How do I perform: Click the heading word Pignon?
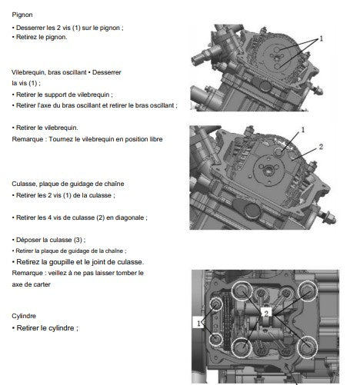click(x=22, y=15)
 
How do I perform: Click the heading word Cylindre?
click(x=24, y=316)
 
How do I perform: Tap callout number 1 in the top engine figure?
click(x=321, y=38)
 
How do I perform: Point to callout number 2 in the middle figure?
click(x=321, y=147)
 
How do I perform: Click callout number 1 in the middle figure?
click(x=303, y=130)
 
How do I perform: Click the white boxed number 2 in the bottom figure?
click(x=266, y=314)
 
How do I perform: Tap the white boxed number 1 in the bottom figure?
click(x=198, y=324)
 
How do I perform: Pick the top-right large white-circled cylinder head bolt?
click(x=308, y=290)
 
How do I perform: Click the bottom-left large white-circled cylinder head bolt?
click(x=242, y=347)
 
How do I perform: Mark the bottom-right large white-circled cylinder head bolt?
click(x=307, y=347)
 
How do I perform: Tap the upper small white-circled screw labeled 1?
click(x=215, y=304)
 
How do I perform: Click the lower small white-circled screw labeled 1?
click(x=215, y=339)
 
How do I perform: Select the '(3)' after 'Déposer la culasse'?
click(x=78, y=240)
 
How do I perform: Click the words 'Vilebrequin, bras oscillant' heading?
click(x=48, y=72)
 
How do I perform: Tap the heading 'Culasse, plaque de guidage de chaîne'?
click(x=68, y=184)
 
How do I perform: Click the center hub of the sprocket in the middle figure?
click(x=268, y=169)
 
